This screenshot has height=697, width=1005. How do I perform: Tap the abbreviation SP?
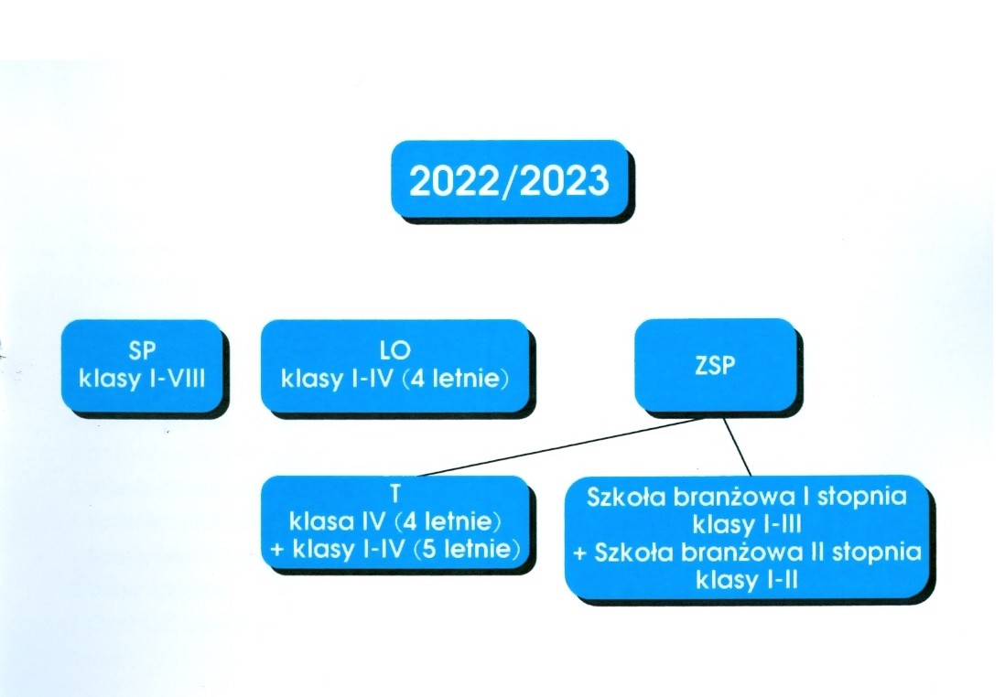coord(142,350)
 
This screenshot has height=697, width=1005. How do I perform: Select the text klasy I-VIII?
coord(142,379)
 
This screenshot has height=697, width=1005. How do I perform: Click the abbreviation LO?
coord(394,350)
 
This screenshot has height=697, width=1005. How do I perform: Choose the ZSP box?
coord(715,365)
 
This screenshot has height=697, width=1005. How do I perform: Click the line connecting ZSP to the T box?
coord(562,447)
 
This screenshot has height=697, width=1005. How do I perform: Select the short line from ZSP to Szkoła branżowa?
coord(737,447)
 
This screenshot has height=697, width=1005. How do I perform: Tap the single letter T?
coord(394,494)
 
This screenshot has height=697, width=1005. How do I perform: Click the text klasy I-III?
coord(747,525)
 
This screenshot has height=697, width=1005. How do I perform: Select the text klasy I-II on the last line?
coord(747,581)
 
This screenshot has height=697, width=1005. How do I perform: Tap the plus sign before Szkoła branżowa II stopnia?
coord(580,552)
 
